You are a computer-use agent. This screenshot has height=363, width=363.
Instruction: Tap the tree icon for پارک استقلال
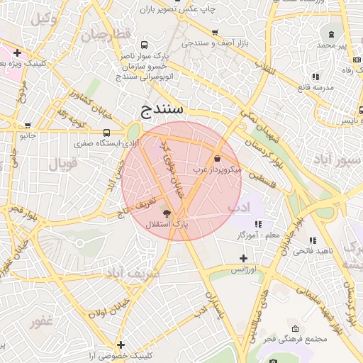pos(167,213)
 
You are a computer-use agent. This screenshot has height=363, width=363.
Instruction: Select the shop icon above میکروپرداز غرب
pos(217,158)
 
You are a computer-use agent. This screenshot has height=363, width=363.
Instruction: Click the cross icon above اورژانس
pos(243,259)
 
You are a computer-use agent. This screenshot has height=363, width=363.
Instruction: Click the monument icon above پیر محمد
pos(332,34)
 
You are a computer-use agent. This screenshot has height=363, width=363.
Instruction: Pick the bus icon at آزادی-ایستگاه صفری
pos(106,132)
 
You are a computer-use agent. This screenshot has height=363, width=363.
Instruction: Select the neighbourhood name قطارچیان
pos(106,35)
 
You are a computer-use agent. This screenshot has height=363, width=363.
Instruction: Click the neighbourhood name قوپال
pos(62,164)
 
